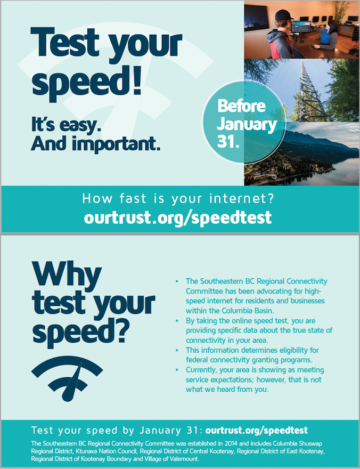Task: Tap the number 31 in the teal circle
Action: (x=226, y=141)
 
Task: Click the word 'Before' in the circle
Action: (x=241, y=106)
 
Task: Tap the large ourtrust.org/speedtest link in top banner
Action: (x=177, y=218)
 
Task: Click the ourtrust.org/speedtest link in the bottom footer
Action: (x=256, y=431)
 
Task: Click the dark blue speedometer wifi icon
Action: (x=67, y=378)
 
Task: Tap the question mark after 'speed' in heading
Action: (x=122, y=330)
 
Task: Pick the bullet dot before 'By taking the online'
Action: (x=177, y=321)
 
